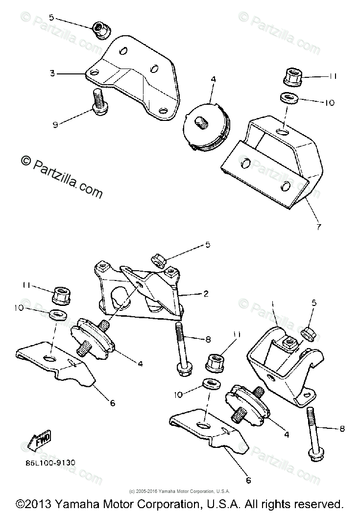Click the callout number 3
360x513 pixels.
51,74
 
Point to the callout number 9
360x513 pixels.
55,125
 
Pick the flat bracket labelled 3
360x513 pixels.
132,81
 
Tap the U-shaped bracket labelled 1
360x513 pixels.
284,362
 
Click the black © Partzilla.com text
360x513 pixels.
61,177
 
